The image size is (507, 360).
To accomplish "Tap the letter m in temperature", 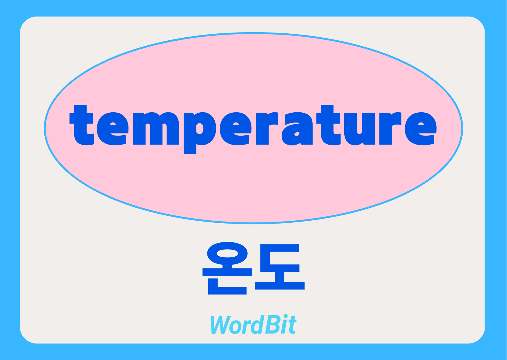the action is [155, 128].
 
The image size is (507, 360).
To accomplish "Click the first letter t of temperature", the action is [82, 125].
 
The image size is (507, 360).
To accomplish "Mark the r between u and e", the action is [390, 128].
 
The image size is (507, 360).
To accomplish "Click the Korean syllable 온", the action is [227, 269].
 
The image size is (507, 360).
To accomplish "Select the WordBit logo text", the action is [253, 325].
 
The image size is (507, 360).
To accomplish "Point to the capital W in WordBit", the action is [220, 325].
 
